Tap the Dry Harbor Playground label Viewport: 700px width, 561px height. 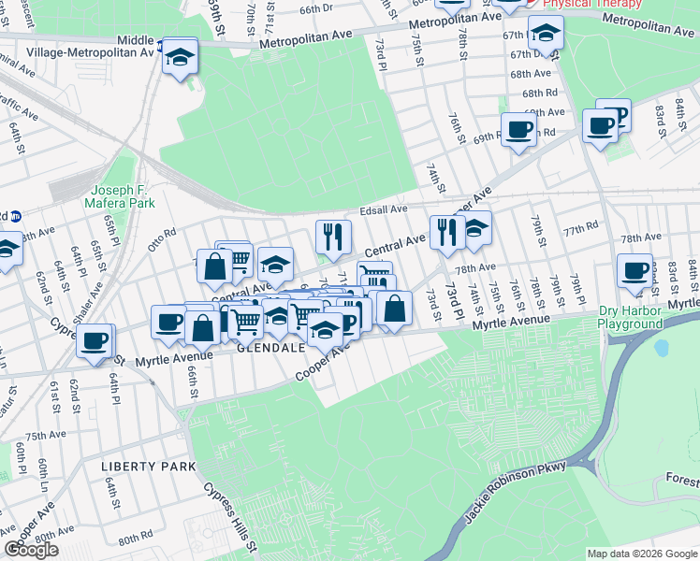(x=631, y=318)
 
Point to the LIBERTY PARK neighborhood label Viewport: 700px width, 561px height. (x=150, y=466)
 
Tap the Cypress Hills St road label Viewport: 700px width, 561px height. (x=228, y=517)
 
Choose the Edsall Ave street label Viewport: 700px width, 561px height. (x=384, y=209)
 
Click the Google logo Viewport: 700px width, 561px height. (x=32, y=550)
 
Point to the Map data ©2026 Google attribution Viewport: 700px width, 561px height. (x=641, y=554)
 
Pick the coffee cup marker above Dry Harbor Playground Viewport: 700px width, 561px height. (x=635, y=271)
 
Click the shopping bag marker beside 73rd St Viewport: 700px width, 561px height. (x=395, y=309)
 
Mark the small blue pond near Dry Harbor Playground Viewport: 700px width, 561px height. (x=663, y=349)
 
